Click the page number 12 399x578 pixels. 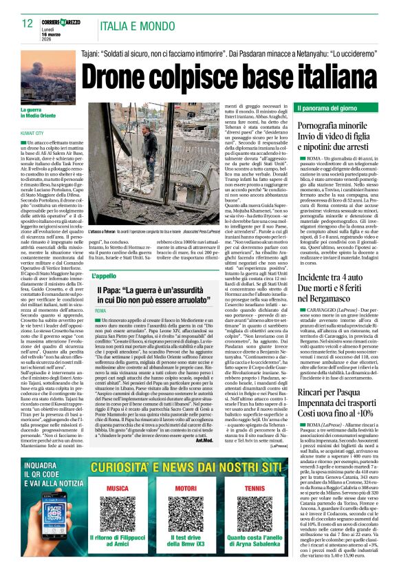[x=28, y=23]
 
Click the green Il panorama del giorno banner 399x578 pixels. [x=337, y=109]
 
